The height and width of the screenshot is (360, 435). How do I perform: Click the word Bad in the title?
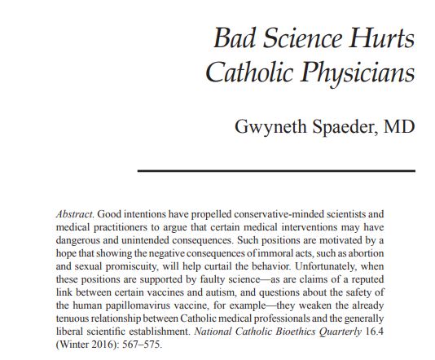coord(235,38)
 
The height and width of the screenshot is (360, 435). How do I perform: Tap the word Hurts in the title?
coord(380,38)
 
